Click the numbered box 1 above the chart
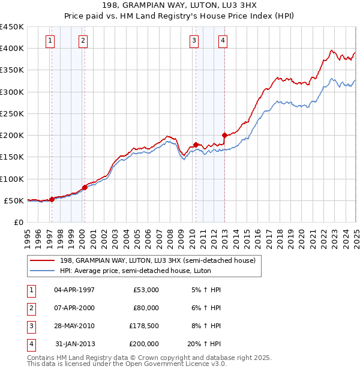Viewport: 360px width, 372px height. click(49, 41)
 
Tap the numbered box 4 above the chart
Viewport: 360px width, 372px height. click(223, 41)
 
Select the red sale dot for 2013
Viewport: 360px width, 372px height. click(224, 135)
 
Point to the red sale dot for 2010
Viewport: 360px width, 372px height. click(196, 145)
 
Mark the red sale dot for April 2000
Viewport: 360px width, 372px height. click(85, 187)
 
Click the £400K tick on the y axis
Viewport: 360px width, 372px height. click(13, 49)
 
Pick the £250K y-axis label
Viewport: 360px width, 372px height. click(13, 113)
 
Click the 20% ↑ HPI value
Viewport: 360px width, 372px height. click(204, 344)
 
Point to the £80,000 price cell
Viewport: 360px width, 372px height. click(146, 308)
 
